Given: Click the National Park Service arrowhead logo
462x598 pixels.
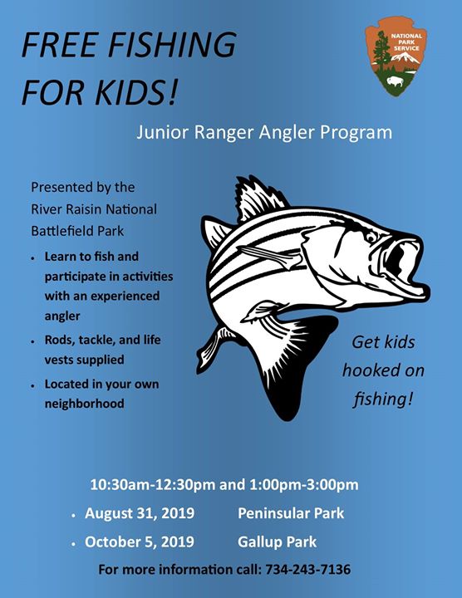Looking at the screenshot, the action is coord(396,56).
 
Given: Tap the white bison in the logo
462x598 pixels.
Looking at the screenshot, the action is coord(395,81).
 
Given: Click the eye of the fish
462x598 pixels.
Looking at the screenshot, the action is coord(371,237).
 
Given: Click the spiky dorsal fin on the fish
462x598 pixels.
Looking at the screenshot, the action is coord(259,199).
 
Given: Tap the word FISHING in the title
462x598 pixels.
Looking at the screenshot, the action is coord(172,45).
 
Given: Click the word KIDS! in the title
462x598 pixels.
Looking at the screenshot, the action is coord(136,93).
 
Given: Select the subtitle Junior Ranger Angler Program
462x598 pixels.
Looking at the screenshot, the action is coord(264,133).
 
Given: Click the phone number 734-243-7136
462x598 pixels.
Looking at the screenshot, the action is coord(308,570).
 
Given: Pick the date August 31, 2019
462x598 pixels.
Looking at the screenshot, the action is coord(140,513).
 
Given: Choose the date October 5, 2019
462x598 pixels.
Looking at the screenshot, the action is coord(140,542).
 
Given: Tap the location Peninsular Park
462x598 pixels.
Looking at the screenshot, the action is coord(291,513).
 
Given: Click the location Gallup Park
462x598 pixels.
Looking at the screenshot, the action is coord(277,542).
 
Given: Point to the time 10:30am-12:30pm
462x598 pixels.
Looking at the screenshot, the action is coord(153,485).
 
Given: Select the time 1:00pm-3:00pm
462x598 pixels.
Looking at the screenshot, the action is coord(304,485).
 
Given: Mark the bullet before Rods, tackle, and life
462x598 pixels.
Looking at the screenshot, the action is coord(33,341).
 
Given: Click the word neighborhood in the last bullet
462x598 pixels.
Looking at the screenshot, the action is coord(84,404).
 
